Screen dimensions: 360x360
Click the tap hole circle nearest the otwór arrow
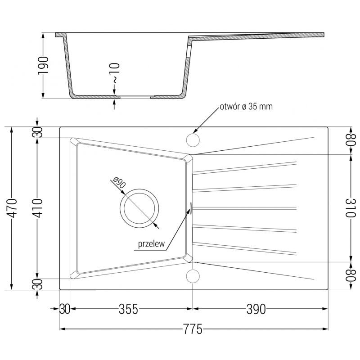(193, 140)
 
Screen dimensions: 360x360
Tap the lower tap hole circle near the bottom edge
(193, 276)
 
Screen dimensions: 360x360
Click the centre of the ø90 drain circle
(139, 208)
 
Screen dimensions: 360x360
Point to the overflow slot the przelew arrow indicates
(192, 207)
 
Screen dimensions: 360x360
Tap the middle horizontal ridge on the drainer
(245, 207)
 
